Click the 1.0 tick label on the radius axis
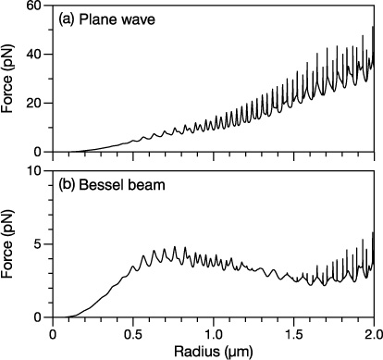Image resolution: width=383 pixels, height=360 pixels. point(214,331)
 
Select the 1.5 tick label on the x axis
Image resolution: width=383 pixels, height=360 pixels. point(293,331)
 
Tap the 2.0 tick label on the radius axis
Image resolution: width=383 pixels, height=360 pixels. point(372,331)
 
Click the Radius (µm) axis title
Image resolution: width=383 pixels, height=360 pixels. point(214,351)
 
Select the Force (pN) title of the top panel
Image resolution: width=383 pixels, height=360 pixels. point(11,79)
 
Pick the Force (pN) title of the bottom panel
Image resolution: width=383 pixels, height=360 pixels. point(11,243)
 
